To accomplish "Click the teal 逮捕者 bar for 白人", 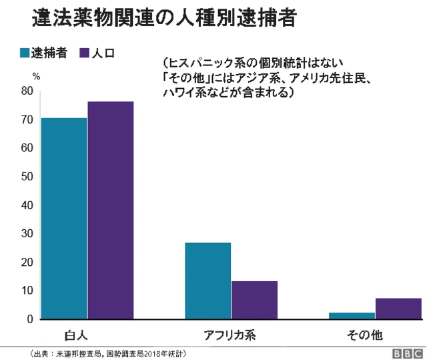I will (64, 218).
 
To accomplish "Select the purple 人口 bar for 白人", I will (111, 210).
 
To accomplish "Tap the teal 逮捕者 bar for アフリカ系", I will (207, 281).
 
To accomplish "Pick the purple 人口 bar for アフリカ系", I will (254, 300).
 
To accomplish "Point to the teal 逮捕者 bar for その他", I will (352, 315).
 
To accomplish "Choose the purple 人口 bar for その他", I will (398, 309).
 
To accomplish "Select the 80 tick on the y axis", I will (27, 91).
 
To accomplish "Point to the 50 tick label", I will (27, 176).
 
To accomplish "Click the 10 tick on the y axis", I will (27, 291).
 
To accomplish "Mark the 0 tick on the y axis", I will (29, 319).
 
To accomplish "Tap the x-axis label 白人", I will (76, 333).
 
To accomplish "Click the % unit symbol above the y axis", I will (36, 76).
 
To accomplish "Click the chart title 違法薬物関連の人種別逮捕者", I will (163, 17).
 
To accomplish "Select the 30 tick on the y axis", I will (27, 234).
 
